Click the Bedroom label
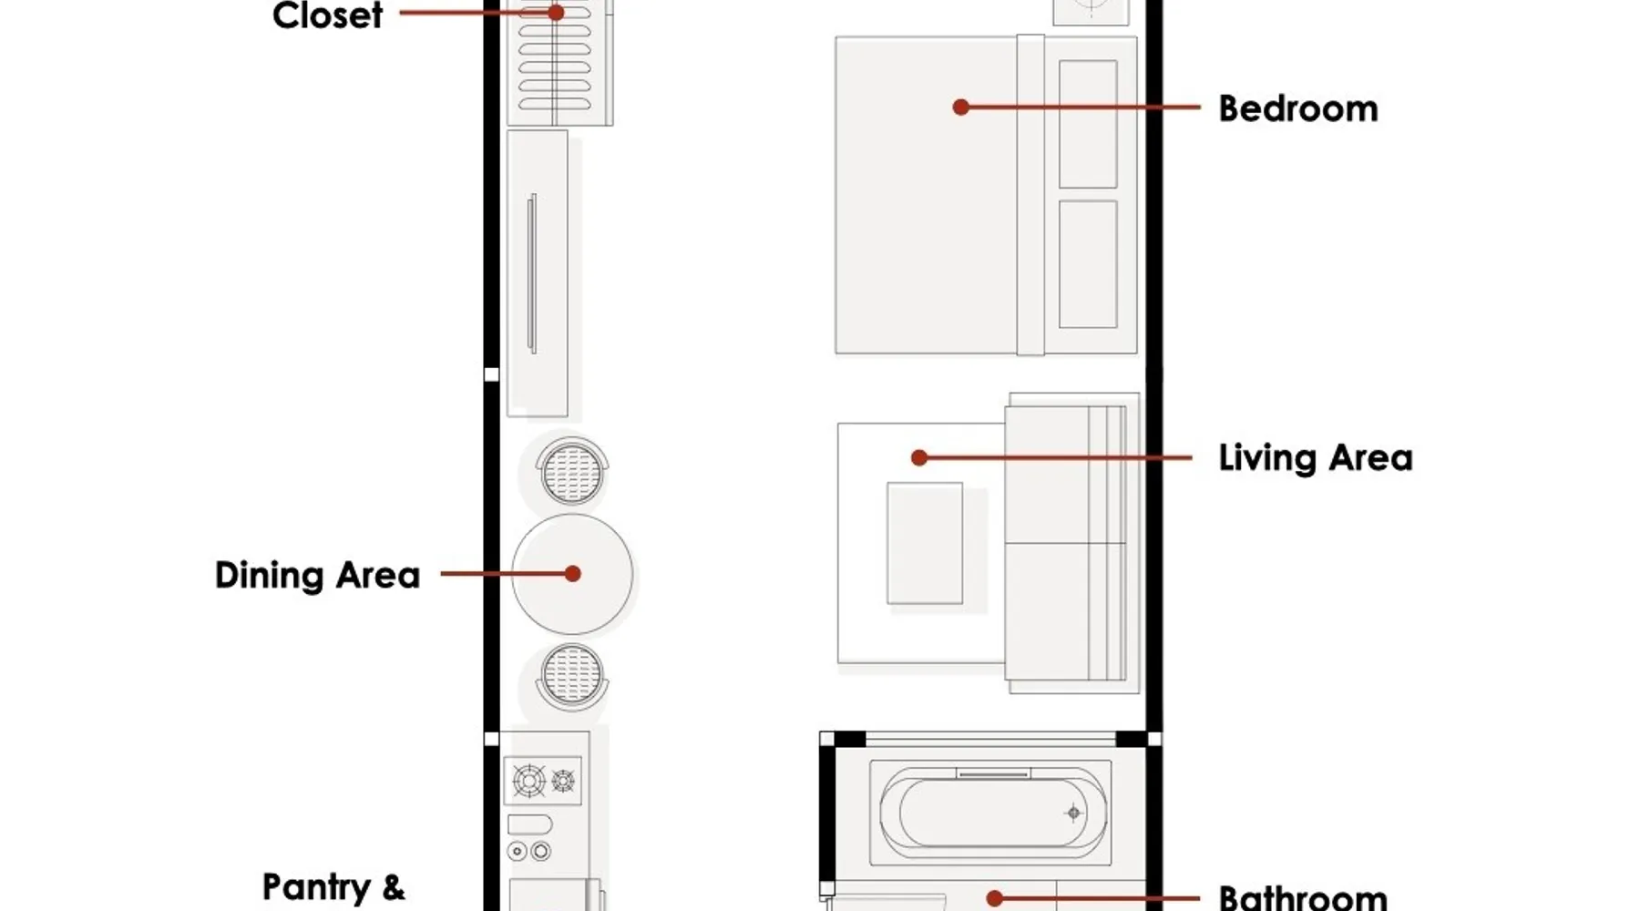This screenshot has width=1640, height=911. [1297, 108]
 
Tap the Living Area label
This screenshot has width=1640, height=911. [1316, 457]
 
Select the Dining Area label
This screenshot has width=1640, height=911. [317, 575]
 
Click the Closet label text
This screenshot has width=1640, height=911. [327, 15]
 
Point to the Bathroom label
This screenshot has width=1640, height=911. [1303, 897]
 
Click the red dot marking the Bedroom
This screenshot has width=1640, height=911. [960, 107]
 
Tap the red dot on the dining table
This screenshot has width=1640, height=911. [572, 574]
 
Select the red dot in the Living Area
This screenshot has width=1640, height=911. [919, 457]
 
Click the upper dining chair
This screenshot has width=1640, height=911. [572, 471]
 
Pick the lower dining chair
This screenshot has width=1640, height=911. [572, 677]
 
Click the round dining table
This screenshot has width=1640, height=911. [572, 574]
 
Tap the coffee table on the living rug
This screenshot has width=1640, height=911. [925, 543]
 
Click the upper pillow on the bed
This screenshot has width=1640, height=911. [1088, 124]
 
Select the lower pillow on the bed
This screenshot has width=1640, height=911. [1088, 264]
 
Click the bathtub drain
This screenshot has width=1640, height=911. [1073, 813]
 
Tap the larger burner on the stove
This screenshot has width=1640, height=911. [529, 781]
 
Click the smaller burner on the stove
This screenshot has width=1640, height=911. [563, 781]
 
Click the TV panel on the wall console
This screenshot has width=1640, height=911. [532, 273]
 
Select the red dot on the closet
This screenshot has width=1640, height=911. [556, 13]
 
